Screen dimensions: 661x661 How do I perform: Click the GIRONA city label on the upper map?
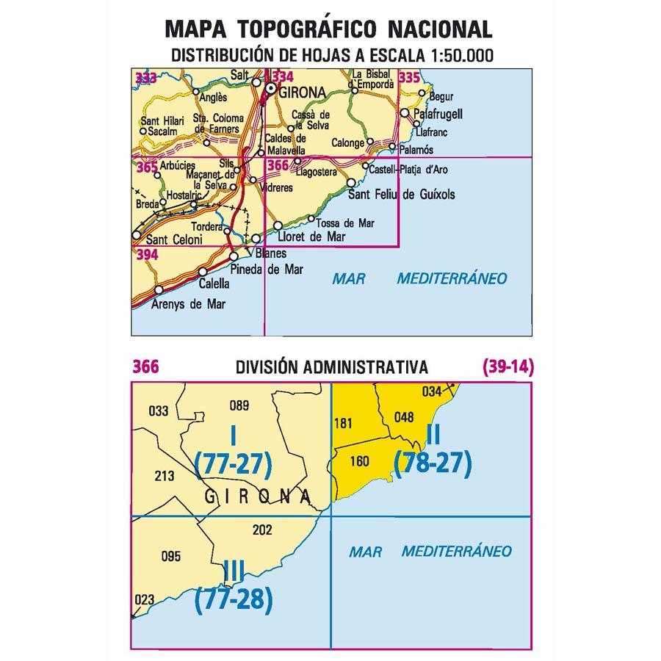301,92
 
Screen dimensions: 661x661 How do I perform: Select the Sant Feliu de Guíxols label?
401,195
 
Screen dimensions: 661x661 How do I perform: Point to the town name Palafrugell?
438,115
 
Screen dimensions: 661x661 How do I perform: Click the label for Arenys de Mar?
189,303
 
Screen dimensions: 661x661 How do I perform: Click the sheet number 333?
145,77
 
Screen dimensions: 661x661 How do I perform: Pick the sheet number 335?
408,77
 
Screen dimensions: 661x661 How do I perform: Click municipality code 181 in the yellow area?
343,423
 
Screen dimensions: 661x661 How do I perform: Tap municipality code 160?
359,461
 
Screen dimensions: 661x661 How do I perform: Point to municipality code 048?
404,417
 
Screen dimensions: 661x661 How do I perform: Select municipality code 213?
165,476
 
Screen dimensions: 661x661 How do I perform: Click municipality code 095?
170,556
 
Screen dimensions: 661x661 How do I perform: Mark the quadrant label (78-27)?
433,463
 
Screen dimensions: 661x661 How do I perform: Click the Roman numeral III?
234,571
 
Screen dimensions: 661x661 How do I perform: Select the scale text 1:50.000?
450,55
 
